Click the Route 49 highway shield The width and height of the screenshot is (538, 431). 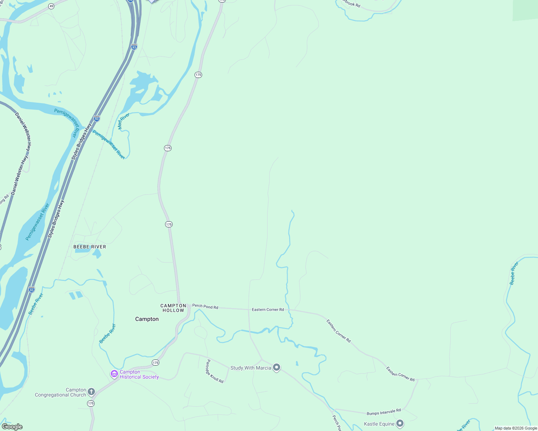tap(51, 6)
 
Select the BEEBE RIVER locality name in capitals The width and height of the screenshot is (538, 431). tap(90, 247)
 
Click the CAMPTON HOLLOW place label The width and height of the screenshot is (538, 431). tap(173, 308)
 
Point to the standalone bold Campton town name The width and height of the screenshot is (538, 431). tap(147, 319)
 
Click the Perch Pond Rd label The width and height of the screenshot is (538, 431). tap(205, 306)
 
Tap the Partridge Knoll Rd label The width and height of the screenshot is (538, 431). tap(215, 371)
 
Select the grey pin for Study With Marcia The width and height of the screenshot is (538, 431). tap(277, 367)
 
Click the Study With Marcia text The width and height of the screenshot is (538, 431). tap(251, 368)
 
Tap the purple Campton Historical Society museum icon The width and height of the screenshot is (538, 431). tap(114, 374)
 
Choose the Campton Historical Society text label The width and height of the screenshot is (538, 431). tap(139, 375)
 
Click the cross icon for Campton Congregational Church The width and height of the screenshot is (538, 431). tap(91, 391)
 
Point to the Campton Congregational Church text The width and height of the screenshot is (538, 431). tap(60, 392)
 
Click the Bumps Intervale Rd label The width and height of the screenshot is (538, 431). tap(384, 412)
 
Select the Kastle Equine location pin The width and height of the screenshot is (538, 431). tap(400, 423)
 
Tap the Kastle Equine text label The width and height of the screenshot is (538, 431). tap(379, 424)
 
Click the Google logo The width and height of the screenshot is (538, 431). tap(12, 427)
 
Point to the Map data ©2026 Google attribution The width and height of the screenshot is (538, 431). tap(516, 428)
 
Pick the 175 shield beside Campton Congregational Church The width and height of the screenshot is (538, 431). tap(91, 404)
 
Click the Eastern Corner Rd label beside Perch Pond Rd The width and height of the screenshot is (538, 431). tap(268, 310)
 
